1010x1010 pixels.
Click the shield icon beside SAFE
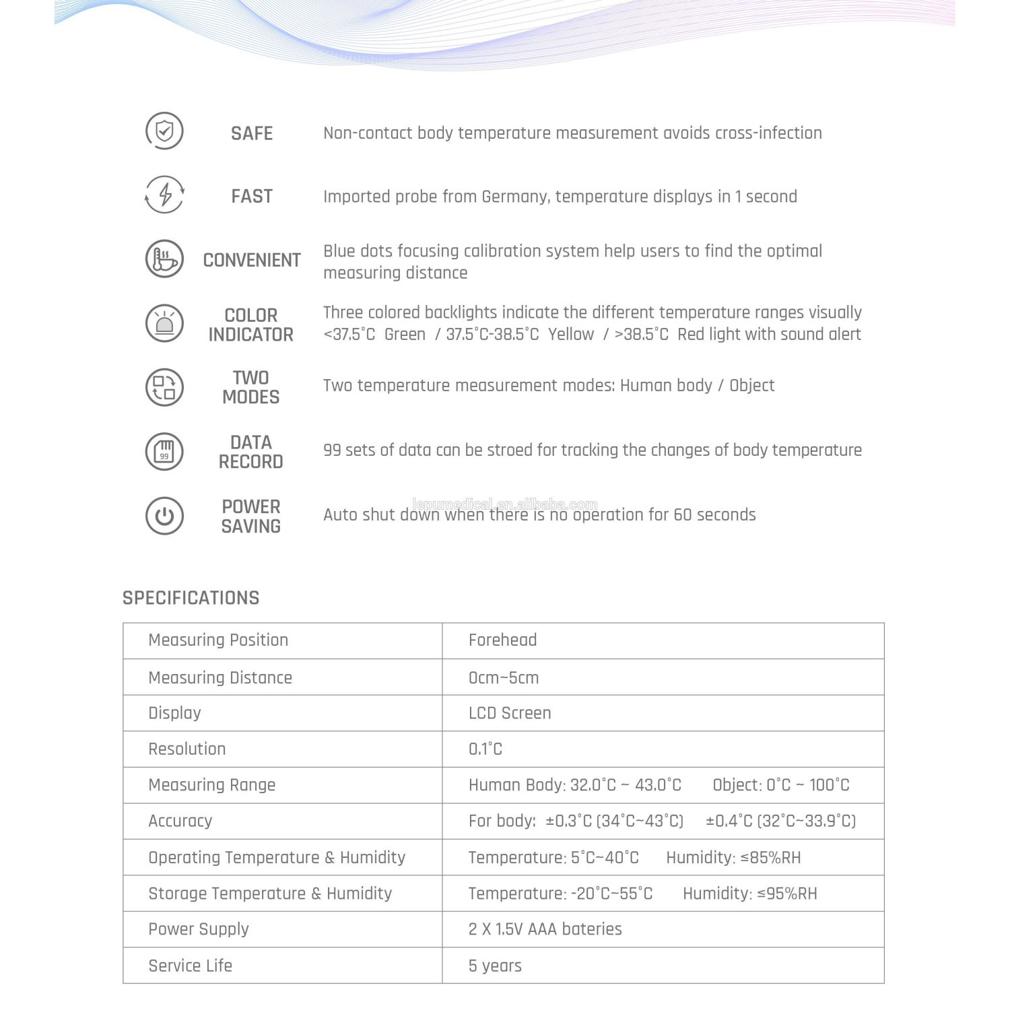pyautogui.click(x=164, y=131)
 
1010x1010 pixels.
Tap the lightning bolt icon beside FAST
pyautogui.click(x=164, y=195)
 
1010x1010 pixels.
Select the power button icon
pyautogui.click(x=164, y=516)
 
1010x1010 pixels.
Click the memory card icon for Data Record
pyautogui.click(x=164, y=450)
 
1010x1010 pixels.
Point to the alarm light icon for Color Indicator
pyautogui.click(x=164, y=323)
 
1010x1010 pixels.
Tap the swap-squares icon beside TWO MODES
pyautogui.click(x=164, y=387)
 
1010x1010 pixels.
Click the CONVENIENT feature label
pyautogui.click(x=252, y=260)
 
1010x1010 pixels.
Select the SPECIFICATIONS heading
pyautogui.click(x=191, y=598)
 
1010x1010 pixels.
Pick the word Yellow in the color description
pyautogui.click(x=571, y=335)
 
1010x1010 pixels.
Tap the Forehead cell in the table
pyautogui.click(x=502, y=640)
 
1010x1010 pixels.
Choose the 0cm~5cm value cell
pyautogui.click(x=504, y=678)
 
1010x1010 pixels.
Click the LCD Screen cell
pyautogui.click(x=510, y=713)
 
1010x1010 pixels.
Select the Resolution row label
pyautogui.click(x=187, y=749)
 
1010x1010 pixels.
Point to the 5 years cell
pyautogui.click(x=495, y=966)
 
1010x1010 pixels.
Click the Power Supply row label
pyautogui.click(x=199, y=929)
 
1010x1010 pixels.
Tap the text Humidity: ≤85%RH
pyautogui.click(x=733, y=858)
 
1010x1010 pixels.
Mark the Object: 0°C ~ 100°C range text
pyautogui.click(x=781, y=785)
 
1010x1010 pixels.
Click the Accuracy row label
pyautogui.click(x=180, y=821)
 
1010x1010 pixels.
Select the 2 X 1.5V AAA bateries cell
pyautogui.click(x=545, y=929)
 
